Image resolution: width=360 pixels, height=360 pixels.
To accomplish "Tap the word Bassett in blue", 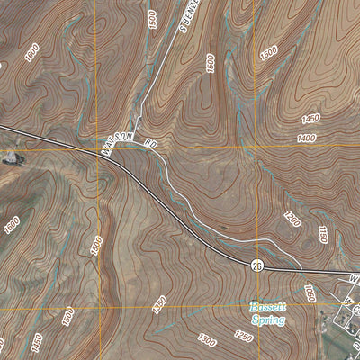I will point(267,307).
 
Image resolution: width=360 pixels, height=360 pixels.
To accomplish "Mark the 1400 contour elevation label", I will point(306,138).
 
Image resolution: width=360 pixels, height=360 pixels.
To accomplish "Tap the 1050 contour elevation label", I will point(309,292).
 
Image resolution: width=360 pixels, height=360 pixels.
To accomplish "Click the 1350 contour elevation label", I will point(159,305).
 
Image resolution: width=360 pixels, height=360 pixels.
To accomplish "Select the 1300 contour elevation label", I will point(207,339).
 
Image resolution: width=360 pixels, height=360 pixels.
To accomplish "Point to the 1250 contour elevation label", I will point(243,335).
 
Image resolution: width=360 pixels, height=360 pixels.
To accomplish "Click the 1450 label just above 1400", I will point(311,118).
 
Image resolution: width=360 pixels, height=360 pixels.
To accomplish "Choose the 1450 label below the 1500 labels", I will point(37,342).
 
